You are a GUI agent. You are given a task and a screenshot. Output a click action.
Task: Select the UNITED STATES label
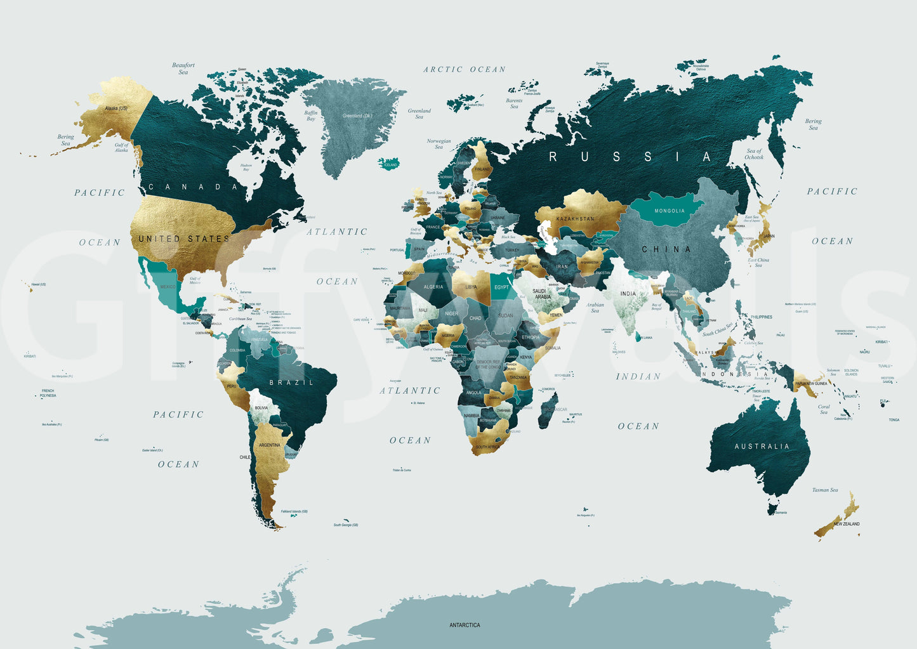coord(184,239)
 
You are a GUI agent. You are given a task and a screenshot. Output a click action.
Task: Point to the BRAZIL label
coord(291,383)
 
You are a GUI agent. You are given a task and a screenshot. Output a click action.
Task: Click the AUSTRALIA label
coord(762,447)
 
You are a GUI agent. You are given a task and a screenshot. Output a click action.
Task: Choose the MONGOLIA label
coord(669,211)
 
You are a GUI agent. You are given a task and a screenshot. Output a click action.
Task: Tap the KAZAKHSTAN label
coord(575,219)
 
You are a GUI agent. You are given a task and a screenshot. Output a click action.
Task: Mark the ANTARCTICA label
coord(465,625)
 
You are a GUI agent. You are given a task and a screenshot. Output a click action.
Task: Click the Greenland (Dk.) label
coord(357,116)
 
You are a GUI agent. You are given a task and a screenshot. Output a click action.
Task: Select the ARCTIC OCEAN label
coord(465,70)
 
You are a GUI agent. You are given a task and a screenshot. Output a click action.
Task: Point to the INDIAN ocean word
coord(638,377)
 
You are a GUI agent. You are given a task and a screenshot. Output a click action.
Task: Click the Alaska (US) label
coord(115,108)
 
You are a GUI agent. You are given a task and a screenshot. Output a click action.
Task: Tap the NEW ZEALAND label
coord(847,524)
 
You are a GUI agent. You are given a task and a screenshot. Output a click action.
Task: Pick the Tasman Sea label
coord(824,490)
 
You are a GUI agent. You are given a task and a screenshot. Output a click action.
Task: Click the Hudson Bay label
coord(246,167)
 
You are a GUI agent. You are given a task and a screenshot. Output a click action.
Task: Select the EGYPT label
coord(501,287)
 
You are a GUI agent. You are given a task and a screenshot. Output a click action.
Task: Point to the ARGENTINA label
coord(269,445)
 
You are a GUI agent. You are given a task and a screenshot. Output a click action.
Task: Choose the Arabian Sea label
coord(595,308)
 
